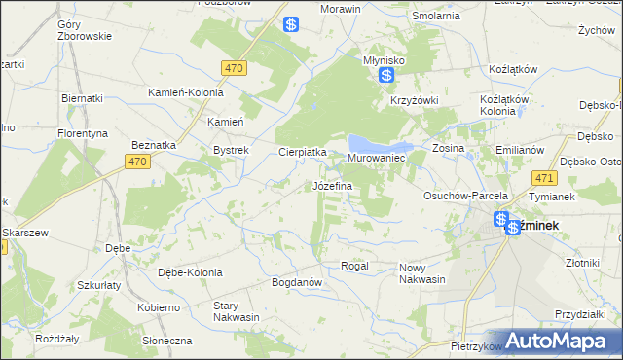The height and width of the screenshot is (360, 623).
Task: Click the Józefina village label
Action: coord(332,185)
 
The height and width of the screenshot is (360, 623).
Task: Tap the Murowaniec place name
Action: coord(376,157)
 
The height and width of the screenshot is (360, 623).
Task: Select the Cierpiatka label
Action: coord(303,152)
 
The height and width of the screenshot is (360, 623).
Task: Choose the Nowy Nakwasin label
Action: coord(421,273)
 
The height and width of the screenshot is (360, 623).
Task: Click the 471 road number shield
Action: coord(544,178)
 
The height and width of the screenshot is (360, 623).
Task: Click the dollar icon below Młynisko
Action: coord(387,75)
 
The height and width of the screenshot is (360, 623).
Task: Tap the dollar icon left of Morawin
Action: coord(291,25)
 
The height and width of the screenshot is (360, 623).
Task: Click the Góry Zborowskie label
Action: coord(85,29)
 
